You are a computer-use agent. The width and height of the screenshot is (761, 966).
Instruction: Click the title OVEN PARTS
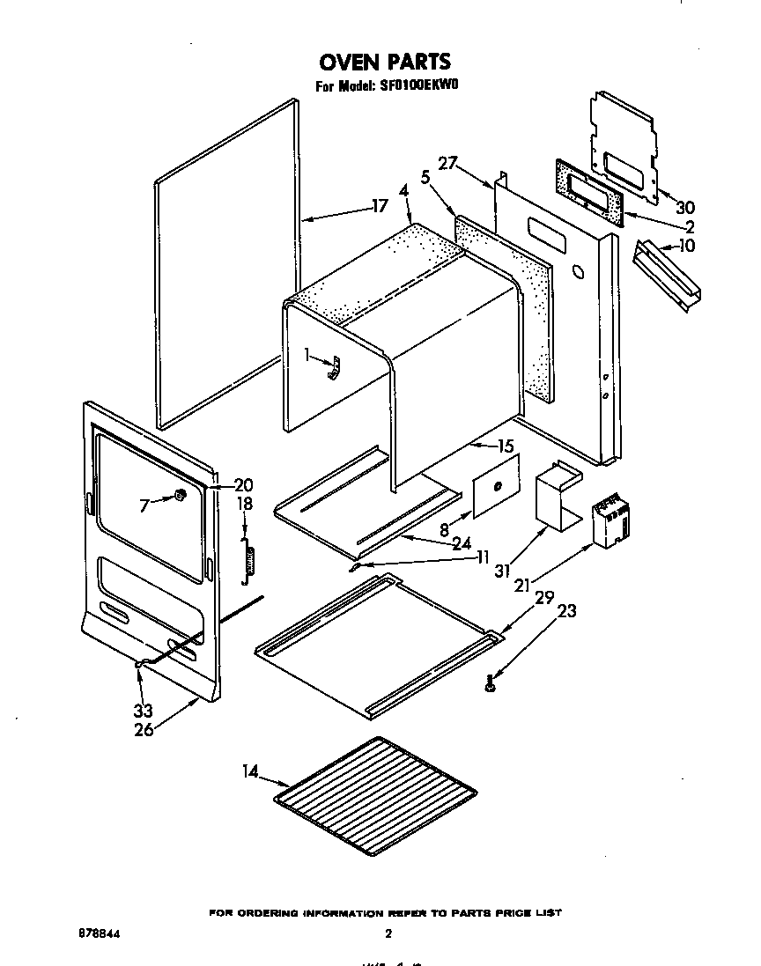[x=384, y=62]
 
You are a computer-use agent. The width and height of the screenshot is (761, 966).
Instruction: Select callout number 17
[x=379, y=207]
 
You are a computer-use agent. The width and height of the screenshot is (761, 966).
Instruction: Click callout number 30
[x=684, y=208]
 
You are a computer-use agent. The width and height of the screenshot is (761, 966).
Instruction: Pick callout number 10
[x=687, y=246]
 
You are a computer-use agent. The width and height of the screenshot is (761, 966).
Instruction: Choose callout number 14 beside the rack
[x=251, y=772]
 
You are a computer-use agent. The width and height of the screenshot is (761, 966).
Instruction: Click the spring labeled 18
[x=250, y=560]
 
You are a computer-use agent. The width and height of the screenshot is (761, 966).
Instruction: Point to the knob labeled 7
[x=179, y=496]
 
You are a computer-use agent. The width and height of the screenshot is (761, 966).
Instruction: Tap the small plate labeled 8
[x=495, y=487]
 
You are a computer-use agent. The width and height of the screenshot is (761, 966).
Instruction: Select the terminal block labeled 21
[x=610, y=523]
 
